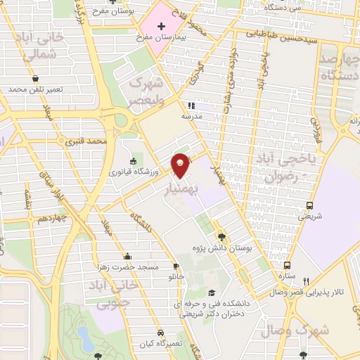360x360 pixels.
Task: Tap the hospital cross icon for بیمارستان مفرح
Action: click(x=161, y=26)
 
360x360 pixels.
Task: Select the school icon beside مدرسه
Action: click(x=191, y=106)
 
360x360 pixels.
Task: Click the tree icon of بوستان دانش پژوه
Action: click(x=222, y=237)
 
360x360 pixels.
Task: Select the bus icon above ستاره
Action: click(x=287, y=265)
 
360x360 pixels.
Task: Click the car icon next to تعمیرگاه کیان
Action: click(x=161, y=333)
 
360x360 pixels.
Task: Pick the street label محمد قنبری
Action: click(x=85, y=141)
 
